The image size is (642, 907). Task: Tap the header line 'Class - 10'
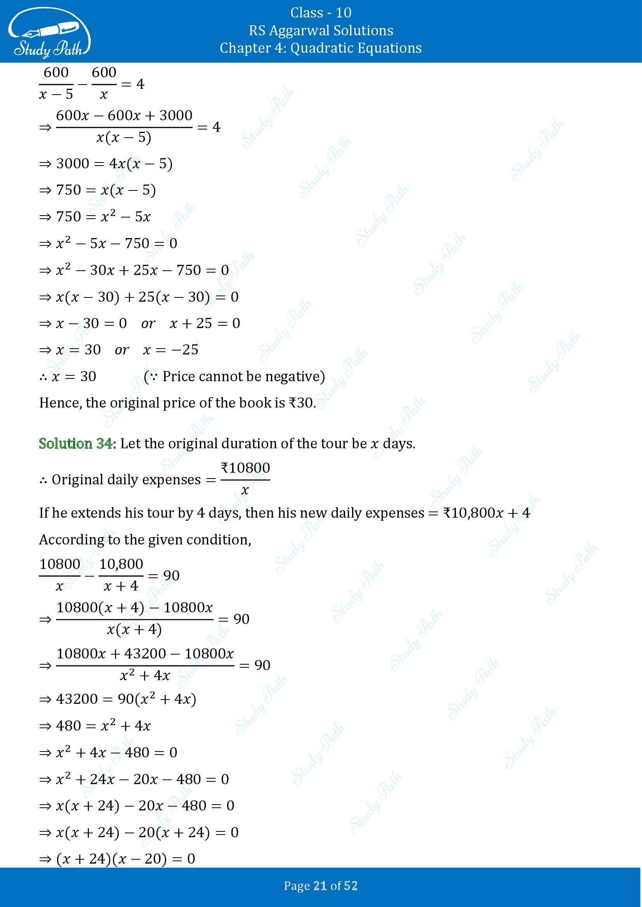(321, 13)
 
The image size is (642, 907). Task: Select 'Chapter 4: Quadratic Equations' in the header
(321, 48)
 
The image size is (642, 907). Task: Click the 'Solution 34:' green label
(78, 444)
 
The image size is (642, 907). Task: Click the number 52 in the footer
(351, 886)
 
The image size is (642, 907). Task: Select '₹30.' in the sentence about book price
(302, 403)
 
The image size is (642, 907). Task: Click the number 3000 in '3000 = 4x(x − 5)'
(73, 164)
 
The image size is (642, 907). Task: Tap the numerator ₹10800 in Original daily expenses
(245, 468)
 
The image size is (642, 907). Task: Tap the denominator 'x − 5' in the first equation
(56, 95)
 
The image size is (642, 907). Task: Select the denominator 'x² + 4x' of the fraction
(145, 676)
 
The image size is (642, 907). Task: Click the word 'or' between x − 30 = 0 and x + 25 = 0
(148, 323)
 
